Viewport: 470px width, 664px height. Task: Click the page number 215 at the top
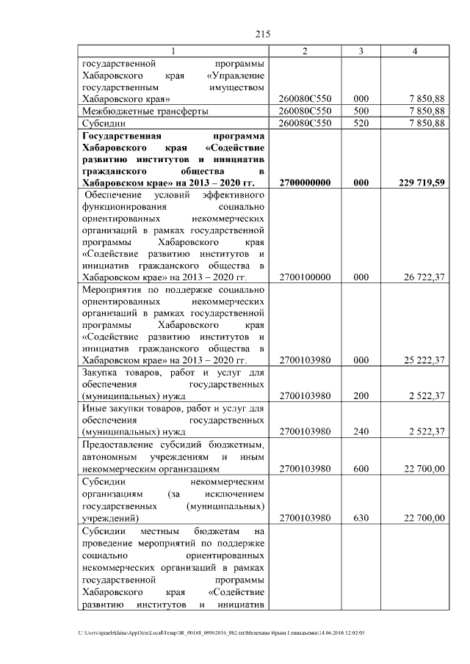click(264, 34)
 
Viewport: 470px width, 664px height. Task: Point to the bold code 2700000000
click(306, 183)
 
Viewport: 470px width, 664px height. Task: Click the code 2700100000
click(306, 277)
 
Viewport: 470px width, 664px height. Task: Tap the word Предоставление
click(115, 445)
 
